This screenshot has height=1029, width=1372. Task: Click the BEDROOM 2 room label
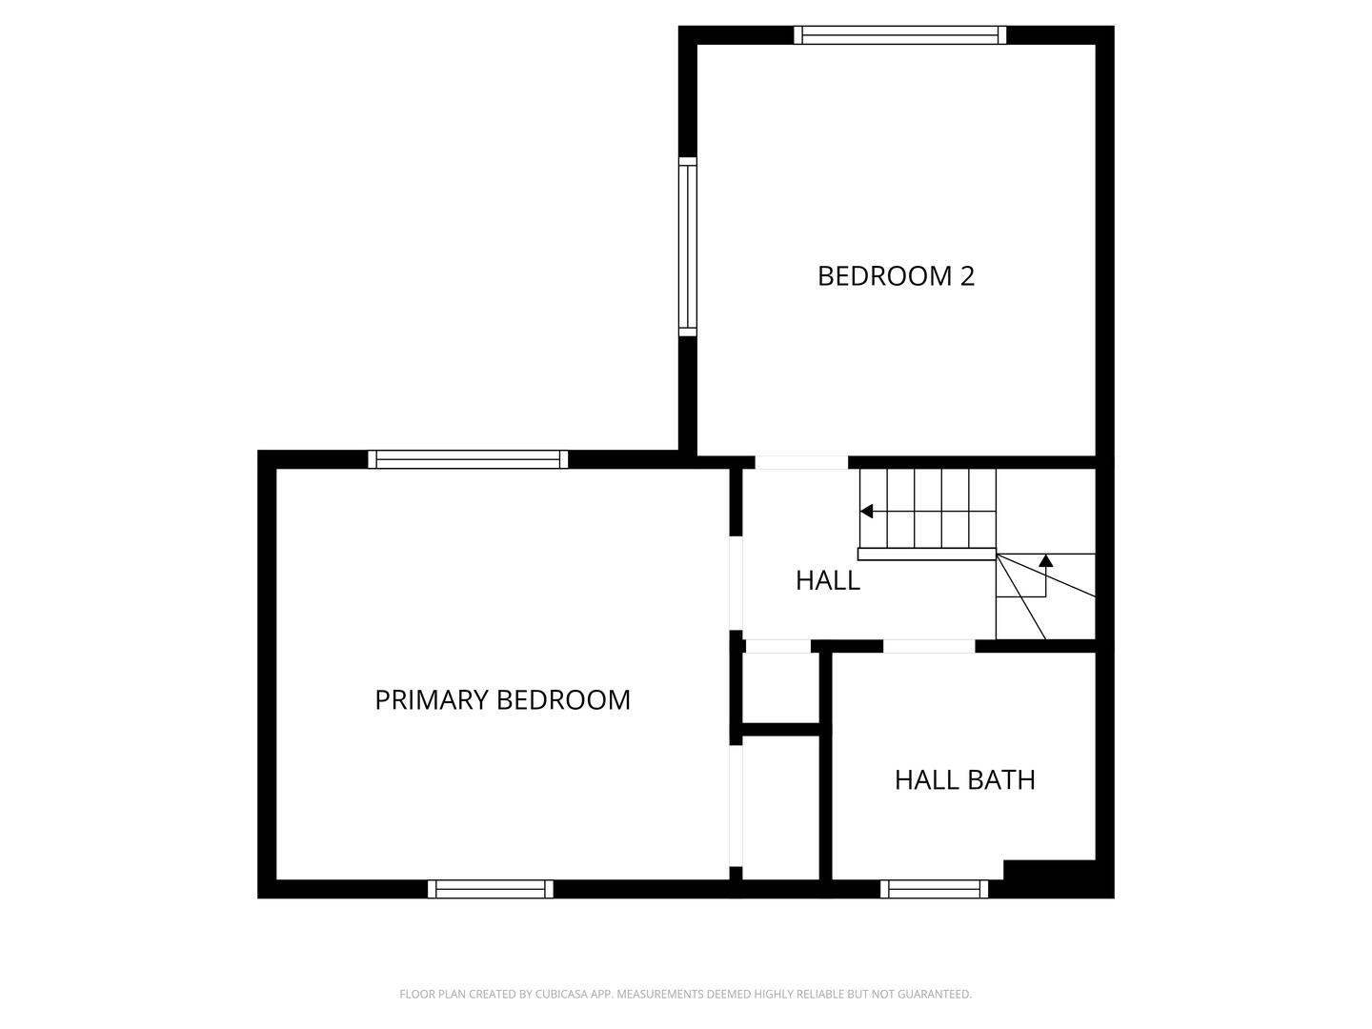pos(896,276)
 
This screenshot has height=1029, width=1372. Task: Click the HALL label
pos(827,580)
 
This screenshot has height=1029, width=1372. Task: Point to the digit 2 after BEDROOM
pos(967,276)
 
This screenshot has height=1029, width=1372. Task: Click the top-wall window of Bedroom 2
pos(899,35)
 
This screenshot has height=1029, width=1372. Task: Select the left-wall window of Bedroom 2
pos(687,247)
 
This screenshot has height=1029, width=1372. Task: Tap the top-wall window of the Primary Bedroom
pos(468,459)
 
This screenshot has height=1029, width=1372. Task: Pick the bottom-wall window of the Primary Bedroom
pos(490,889)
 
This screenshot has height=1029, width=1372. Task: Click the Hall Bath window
pos(934,889)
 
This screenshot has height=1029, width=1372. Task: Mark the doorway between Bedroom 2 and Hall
pos(801,463)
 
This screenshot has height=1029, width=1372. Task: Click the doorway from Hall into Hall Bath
pos(929,646)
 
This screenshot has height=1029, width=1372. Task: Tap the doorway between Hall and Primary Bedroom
pos(736,583)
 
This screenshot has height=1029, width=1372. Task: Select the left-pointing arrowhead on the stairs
pos(866,512)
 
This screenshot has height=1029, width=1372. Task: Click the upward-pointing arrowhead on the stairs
pos(1045,561)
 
